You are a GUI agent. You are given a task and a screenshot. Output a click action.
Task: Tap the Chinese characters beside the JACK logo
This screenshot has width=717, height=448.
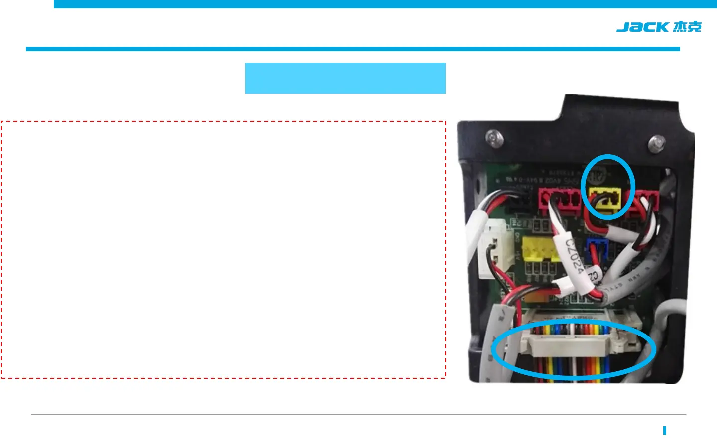[687, 27]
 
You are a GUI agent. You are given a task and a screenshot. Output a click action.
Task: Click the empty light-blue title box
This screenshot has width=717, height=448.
[345, 78]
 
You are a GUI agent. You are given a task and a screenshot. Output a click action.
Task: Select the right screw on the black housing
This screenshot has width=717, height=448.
[656, 143]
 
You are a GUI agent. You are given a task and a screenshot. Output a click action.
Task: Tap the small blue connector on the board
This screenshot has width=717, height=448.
[596, 249]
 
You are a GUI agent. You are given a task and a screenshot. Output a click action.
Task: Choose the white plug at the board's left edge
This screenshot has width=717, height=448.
[491, 249]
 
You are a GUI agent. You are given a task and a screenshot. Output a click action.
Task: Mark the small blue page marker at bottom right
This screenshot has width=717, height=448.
[665, 431]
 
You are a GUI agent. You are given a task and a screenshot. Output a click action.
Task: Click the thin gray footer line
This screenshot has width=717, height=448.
[358, 414]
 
